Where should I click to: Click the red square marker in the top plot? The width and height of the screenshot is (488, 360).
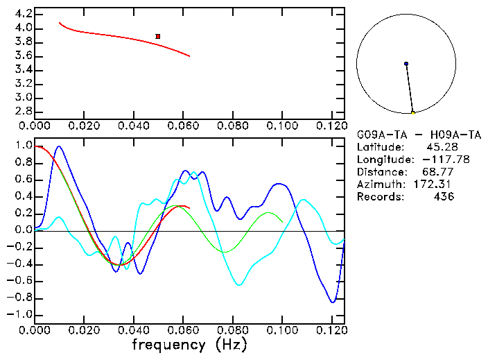(158, 36)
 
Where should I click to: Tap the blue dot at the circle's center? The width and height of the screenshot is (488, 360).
(406, 64)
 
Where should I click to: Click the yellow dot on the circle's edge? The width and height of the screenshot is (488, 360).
(413, 112)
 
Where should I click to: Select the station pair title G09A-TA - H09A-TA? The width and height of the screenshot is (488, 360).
(419, 135)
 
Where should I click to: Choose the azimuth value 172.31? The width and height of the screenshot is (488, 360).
(436, 185)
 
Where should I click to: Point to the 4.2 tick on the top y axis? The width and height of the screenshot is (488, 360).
(24, 14)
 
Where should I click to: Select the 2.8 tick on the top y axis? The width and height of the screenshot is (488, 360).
(24, 111)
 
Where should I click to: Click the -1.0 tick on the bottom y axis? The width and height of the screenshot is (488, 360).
(20, 315)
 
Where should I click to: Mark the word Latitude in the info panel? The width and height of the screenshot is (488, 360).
(379, 147)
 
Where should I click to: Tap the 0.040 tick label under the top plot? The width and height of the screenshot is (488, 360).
(133, 126)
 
